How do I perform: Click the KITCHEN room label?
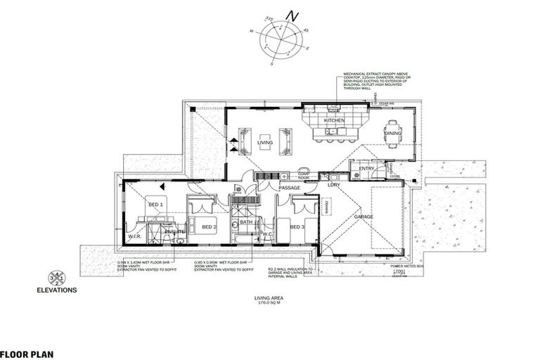tap(334, 121)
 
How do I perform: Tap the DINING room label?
tap(393, 133)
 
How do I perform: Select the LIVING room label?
tap(264, 143)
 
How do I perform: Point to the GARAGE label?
tap(363, 217)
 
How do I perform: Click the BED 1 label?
tap(155, 204)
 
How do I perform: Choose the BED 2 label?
tap(209, 227)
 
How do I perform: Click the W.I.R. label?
tap(136, 236)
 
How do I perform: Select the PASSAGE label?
tap(289, 188)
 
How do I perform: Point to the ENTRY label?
tap(366, 169)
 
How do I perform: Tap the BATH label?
tap(245, 222)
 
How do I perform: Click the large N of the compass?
tap(295, 15)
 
